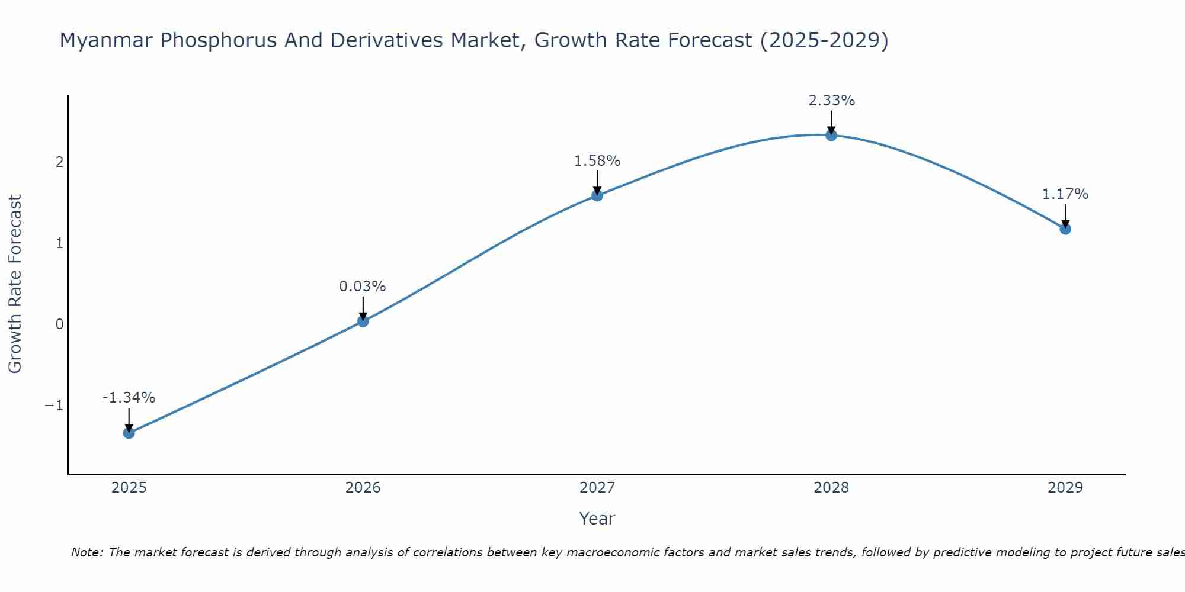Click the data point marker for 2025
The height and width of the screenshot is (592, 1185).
(x=129, y=433)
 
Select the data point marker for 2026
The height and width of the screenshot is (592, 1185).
(x=363, y=321)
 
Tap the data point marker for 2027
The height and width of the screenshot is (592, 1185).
(x=597, y=195)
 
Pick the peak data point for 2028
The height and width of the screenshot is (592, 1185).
(x=831, y=135)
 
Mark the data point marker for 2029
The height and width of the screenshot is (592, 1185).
(x=1065, y=229)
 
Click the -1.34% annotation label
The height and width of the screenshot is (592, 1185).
(x=129, y=398)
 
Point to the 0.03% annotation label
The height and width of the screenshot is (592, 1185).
(x=363, y=287)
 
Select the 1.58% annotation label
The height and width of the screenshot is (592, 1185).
(x=597, y=161)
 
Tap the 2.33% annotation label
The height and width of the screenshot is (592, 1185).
(x=831, y=101)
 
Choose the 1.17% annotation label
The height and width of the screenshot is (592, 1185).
(x=1065, y=194)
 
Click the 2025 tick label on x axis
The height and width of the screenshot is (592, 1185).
(x=129, y=488)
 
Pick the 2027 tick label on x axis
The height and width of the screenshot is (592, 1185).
(x=597, y=488)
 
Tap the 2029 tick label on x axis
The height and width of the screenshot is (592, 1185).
(x=1065, y=488)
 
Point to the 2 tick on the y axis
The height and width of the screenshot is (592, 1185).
(x=59, y=162)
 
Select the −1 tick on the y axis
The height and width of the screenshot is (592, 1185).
(x=54, y=406)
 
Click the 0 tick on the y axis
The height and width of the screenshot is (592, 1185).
(x=59, y=324)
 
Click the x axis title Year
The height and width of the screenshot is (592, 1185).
(x=597, y=519)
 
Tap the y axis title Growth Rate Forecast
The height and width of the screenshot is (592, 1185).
(x=15, y=284)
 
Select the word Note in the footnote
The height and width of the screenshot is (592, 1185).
(x=87, y=552)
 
